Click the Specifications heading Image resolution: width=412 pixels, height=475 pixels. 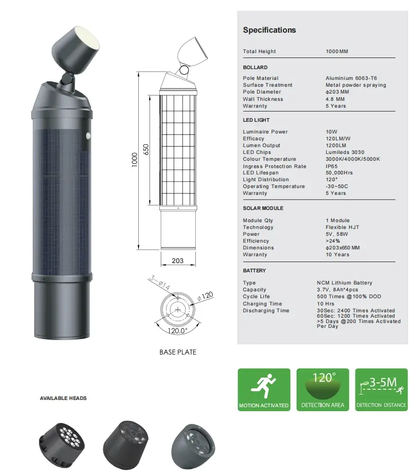click(269, 30)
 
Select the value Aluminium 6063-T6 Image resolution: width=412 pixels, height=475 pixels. click(351, 78)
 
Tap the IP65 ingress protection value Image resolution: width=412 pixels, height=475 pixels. click(332, 166)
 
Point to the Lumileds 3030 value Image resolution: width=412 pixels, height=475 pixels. click(345, 152)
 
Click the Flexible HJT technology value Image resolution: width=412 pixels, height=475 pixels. click(342, 227)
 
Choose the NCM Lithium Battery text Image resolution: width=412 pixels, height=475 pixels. click(344, 283)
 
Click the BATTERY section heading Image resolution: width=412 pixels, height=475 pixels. click(254, 270)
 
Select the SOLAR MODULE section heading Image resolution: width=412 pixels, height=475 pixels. click(263, 208)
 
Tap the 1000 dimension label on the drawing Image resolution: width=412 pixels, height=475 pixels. click(134, 159)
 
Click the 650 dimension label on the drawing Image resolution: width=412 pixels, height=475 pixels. click(146, 150)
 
